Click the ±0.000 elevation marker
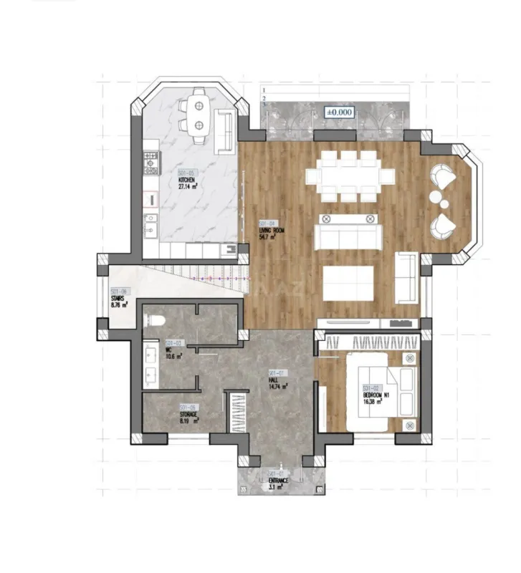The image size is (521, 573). (x=339, y=112)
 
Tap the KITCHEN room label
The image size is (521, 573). (x=187, y=180)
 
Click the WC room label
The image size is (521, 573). (x=171, y=351)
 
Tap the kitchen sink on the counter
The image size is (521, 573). (x=150, y=228)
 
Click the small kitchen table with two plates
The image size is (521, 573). (x=197, y=113)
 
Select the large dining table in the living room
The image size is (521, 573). (x=350, y=175)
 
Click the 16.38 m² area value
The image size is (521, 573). (x=371, y=401)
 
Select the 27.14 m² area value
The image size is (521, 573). (x=188, y=186)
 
